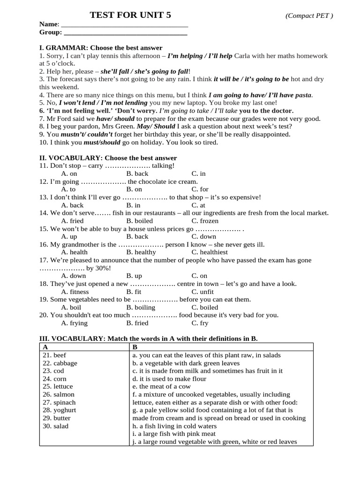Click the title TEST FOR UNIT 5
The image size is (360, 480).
[x=130, y=15]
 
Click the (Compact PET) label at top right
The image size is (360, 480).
[x=309, y=16]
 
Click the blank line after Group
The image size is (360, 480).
[x=125, y=32]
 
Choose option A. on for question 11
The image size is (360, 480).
[x=69, y=173]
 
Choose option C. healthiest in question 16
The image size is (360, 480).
[x=210, y=252]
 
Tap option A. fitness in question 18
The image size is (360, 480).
[x=75, y=292]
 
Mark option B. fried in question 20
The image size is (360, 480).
[x=137, y=323]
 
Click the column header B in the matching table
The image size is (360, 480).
[x=135, y=347]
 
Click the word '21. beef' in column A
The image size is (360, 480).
[x=54, y=355]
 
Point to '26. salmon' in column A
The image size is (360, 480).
[x=58, y=395]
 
